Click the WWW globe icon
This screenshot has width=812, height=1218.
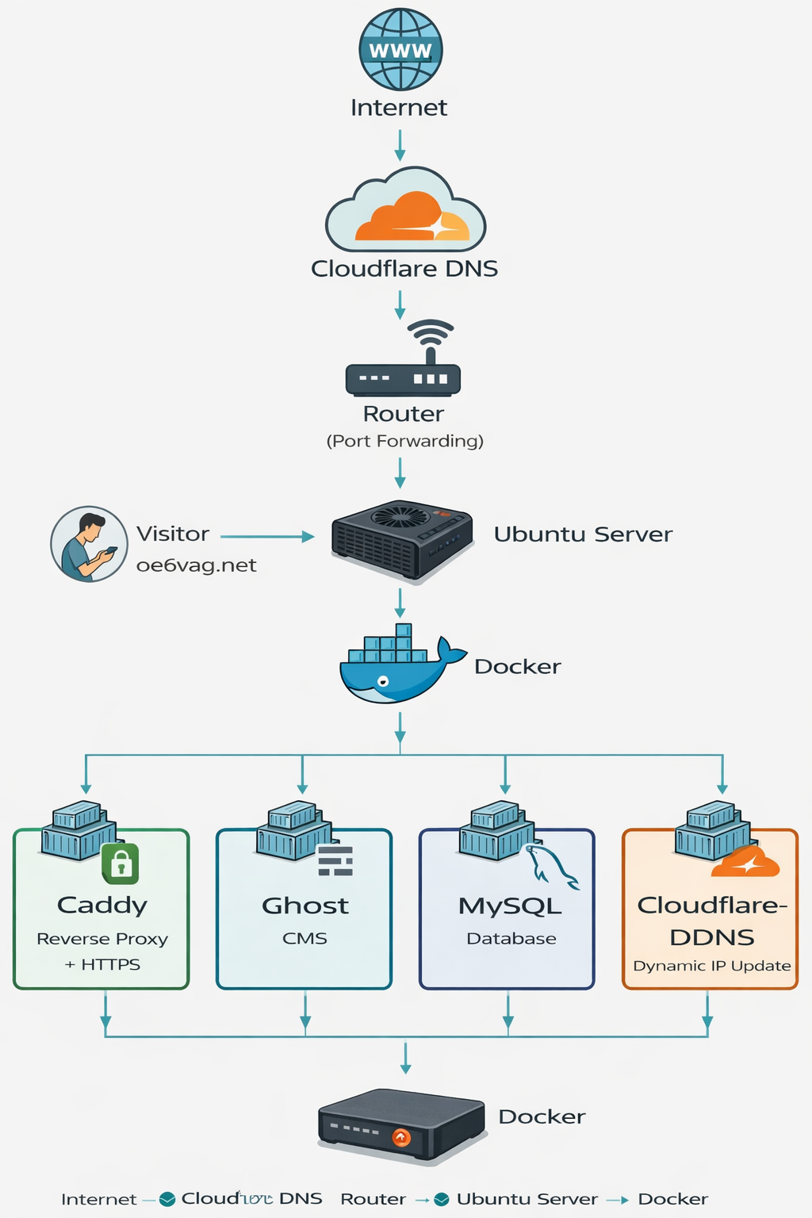(400, 49)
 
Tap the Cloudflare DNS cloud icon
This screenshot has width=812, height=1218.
(405, 213)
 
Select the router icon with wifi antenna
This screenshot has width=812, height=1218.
(404, 360)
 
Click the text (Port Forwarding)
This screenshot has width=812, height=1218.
(404, 441)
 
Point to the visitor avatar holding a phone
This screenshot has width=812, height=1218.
(89, 544)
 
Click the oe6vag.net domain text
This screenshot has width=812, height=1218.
(196, 565)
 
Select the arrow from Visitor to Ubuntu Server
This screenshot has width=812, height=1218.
(267, 537)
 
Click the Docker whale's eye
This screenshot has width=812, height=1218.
(383, 680)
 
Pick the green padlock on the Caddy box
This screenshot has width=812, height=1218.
(121, 864)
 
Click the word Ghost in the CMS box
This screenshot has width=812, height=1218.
(305, 906)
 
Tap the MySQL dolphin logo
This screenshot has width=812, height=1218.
(553, 867)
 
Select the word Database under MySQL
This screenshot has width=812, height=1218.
(511, 939)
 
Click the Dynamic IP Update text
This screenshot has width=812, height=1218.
(711, 966)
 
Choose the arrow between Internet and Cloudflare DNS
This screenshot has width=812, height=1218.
(400, 145)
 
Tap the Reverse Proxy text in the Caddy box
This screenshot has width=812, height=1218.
(102, 939)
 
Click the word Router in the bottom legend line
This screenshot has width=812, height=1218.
(373, 1199)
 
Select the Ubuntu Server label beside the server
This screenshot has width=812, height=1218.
(583, 534)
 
